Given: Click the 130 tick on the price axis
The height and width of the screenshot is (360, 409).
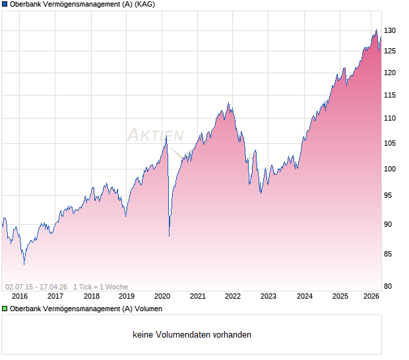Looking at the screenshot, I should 390,31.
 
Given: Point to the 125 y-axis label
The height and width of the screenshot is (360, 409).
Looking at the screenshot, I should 390,51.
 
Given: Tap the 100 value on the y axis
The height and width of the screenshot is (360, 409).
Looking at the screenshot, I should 390,169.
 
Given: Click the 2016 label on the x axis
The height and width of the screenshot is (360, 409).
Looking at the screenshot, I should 20,297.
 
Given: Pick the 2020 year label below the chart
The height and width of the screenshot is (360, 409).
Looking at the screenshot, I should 162,297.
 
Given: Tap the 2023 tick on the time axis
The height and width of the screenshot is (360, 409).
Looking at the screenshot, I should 268,297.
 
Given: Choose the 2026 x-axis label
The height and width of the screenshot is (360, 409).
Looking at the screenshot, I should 371,297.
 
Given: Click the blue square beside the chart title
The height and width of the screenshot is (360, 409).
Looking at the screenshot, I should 5,4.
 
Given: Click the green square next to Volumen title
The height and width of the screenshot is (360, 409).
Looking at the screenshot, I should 5,309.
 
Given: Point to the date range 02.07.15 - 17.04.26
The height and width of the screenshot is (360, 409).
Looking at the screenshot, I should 36,287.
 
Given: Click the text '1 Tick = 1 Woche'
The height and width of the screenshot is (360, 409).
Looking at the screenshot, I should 100,287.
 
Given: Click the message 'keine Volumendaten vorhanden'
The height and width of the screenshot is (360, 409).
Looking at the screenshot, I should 192,335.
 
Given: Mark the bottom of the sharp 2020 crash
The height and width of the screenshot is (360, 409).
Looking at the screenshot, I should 170,236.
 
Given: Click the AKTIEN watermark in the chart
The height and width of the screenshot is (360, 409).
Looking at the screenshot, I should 155,136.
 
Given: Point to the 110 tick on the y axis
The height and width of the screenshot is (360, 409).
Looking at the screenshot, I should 390,119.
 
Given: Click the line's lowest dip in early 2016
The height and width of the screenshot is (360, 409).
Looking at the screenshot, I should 24,264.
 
